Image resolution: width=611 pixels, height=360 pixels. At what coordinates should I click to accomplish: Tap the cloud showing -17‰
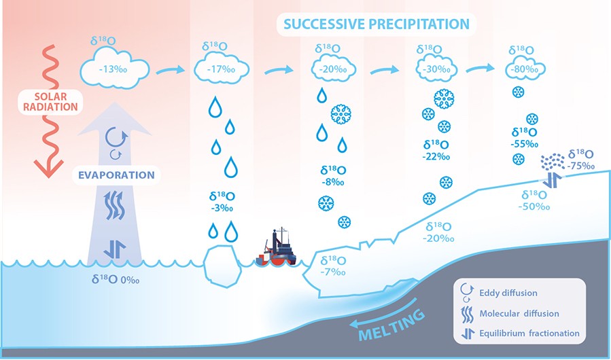pos(220,71)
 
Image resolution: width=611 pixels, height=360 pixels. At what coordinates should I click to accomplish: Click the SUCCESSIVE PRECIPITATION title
pos(376,24)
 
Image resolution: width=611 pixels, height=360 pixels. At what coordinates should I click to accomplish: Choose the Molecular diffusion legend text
pos(519,313)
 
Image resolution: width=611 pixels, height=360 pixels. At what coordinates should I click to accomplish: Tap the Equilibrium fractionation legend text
pos(529,333)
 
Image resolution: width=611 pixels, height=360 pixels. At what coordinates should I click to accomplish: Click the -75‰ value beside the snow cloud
pos(582,165)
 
